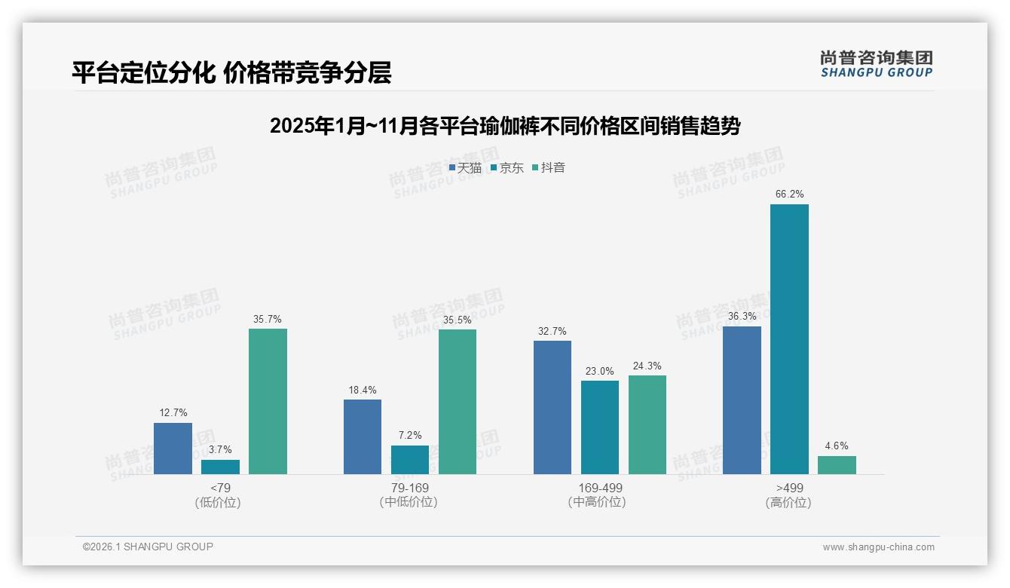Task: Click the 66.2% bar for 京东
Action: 789,339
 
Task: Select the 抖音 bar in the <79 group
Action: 268,401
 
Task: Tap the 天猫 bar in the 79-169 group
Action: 363,436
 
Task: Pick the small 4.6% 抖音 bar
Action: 837,465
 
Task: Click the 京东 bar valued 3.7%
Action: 220,467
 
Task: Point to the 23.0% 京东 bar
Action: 599,427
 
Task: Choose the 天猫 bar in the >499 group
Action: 742,400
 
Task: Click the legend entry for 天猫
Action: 465,168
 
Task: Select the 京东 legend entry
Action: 507,168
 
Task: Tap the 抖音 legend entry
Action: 549,168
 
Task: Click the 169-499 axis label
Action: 600,488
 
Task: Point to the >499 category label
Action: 788,488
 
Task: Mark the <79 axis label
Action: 220,488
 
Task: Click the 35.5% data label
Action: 458,320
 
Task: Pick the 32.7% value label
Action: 552,332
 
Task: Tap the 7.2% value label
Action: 410,436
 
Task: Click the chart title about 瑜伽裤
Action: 505,126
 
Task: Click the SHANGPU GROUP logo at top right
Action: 876,64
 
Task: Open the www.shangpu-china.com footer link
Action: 878,547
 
